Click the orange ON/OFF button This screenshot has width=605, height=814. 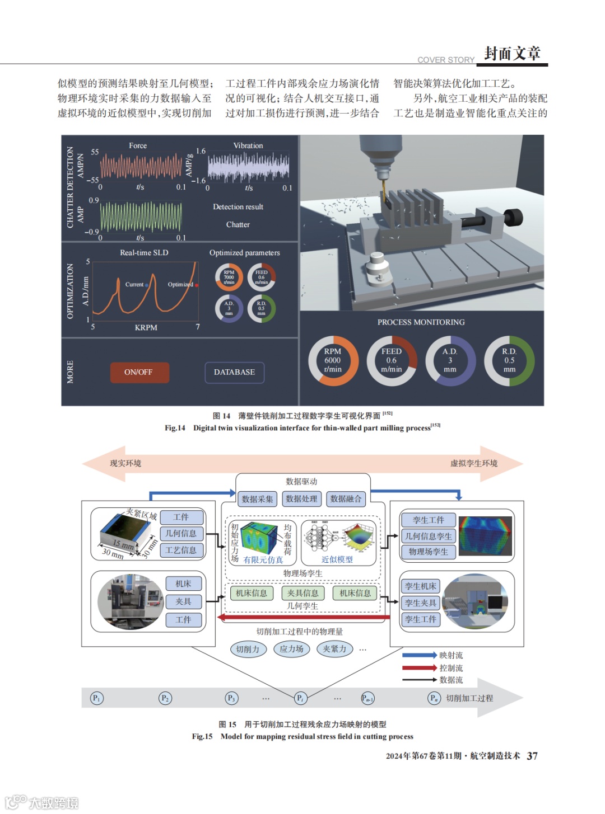138,372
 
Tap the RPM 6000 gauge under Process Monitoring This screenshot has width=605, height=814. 333,361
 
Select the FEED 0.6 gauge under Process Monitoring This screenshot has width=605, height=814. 392,361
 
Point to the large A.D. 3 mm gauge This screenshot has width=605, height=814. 450,361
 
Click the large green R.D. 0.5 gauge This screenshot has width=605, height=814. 509,361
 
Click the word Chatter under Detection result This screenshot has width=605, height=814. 238,224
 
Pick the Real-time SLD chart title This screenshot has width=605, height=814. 144,252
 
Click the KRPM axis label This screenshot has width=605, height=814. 146,327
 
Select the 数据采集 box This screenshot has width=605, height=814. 257,499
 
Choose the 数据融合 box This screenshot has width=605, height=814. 346,499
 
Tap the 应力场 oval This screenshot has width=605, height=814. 291,649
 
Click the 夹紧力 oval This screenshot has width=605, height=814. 334,649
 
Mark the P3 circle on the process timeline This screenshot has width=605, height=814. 231,698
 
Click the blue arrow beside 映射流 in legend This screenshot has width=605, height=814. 419,655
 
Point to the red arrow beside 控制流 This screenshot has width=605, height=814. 419,667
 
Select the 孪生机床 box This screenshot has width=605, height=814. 421,586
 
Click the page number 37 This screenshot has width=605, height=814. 532,756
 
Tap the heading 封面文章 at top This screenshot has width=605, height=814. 512,53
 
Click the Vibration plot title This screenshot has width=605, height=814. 248,145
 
